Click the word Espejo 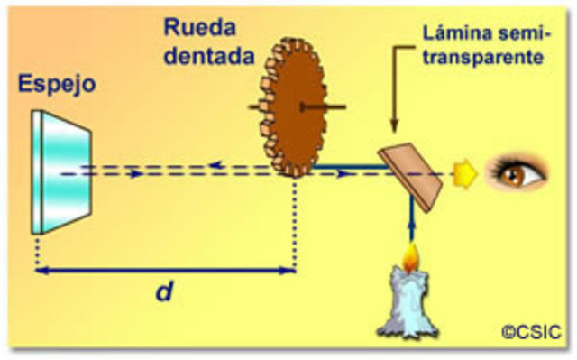pyautogui.click(x=55, y=86)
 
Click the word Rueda pyautogui.click(x=193, y=25)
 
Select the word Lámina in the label pyautogui.click(x=456, y=35)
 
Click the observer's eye pyautogui.click(x=517, y=171)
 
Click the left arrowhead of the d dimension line pyautogui.click(x=41, y=269)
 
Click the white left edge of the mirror pyautogui.click(x=36, y=171)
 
